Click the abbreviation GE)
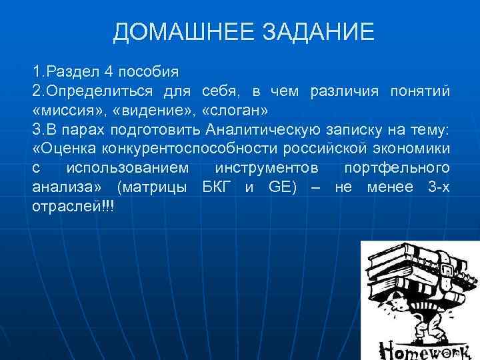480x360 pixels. point(283,187)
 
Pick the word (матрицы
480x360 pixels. point(155,187)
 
